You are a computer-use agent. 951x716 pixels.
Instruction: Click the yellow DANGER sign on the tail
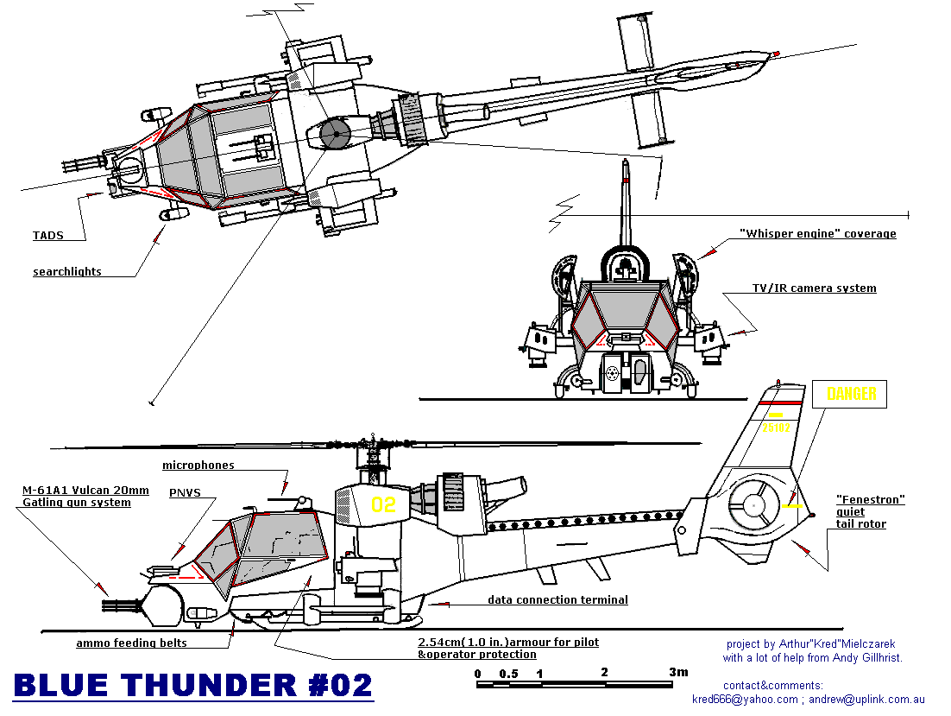pos(851,395)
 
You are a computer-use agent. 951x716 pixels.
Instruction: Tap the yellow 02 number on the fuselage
pos(383,504)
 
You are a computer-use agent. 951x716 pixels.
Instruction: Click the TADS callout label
pos(47,235)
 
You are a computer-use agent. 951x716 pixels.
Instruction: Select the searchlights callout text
pos(67,272)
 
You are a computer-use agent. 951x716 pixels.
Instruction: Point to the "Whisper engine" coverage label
pos(817,234)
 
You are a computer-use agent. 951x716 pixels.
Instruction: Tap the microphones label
pos(198,466)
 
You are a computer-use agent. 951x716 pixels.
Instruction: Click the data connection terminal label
pos(557,600)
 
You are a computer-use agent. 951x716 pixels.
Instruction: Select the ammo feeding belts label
pos(131,643)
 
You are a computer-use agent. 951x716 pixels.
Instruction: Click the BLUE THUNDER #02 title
pos(193,686)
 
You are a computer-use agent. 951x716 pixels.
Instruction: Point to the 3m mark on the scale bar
pos(678,673)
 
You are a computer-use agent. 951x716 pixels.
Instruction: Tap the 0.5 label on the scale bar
pos(508,674)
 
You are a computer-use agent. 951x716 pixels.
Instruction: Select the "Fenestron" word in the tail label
pos(870,500)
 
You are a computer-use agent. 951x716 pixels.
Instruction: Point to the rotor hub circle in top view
pos(333,132)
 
